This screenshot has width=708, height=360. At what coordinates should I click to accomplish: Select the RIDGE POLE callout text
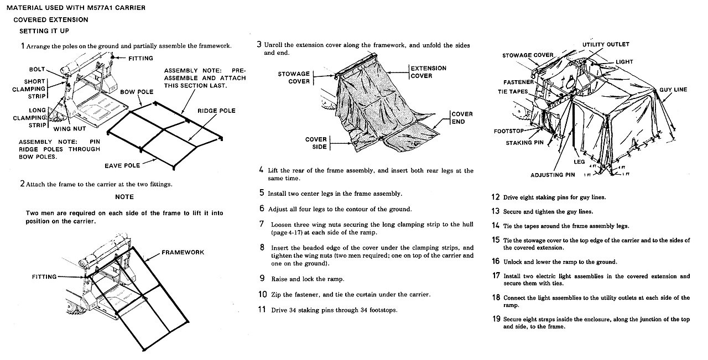[216, 111]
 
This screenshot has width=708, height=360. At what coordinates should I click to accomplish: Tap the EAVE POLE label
[122, 165]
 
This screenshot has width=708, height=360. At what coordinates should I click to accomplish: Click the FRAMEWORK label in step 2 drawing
[183, 252]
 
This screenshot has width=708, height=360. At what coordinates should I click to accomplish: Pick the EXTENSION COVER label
[429, 72]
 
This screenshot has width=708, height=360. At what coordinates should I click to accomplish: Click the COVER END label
[462, 118]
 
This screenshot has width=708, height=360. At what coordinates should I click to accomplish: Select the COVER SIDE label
[316, 143]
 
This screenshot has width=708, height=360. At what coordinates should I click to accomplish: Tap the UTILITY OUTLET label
[606, 44]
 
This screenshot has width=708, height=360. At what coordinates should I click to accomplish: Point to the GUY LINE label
[673, 90]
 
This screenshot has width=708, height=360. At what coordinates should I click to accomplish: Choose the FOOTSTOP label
[509, 132]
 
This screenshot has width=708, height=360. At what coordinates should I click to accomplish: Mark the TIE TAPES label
[513, 92]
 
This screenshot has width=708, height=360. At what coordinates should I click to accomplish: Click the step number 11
[263, 310]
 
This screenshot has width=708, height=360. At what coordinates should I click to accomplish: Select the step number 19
[496, 319]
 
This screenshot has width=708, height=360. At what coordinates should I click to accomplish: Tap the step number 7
[262, 224]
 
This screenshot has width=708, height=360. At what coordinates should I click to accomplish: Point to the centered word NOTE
[124, 197]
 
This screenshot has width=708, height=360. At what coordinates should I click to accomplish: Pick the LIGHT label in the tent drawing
[624, 62]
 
